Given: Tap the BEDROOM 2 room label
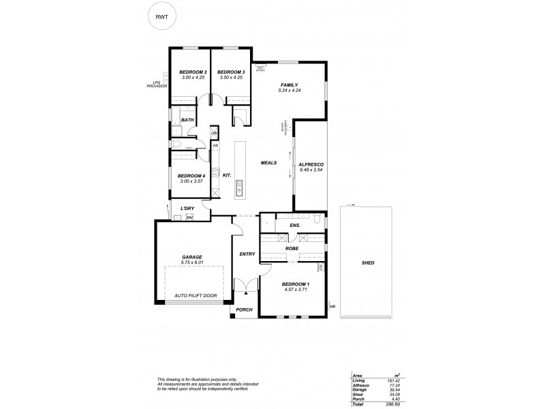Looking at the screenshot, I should pos(193,72).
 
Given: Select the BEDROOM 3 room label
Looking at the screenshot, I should pos(231,72).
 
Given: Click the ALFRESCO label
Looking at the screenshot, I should pos(310,164).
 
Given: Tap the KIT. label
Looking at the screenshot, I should pos(228,175).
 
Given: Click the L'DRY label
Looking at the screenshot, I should pos(189,209).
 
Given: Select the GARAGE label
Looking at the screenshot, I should pos(192,257).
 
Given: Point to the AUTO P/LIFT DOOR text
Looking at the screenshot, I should pos(196,295).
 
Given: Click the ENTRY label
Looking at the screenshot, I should pos(247,254).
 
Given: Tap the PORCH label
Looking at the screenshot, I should pos(245,309).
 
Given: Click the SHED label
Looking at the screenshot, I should pos(368,262).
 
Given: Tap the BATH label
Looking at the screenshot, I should pos(187,120).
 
